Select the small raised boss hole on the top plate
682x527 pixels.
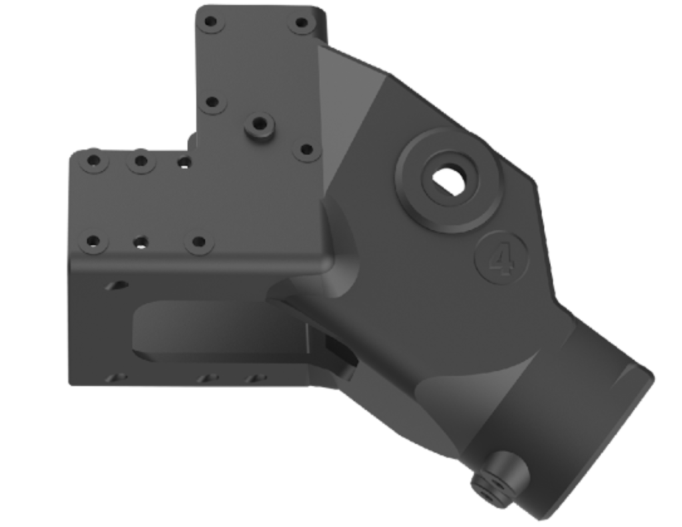coord(260,124)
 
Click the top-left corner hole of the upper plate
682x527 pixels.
coord(210,22)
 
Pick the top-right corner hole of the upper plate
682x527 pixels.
coord(302,23)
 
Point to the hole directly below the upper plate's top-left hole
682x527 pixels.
coord(212,103)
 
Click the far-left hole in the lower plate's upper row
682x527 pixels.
coord(94,161)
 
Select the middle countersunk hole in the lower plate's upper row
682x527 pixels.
coord(141,161)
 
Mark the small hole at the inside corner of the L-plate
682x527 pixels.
coord(184,161)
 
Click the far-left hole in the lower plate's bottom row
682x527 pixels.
coord(93,241)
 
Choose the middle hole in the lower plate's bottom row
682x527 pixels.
coord(141,242)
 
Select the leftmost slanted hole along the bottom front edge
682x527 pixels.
coord(119,378)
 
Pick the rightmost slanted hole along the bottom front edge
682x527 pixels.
coord(255,378)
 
